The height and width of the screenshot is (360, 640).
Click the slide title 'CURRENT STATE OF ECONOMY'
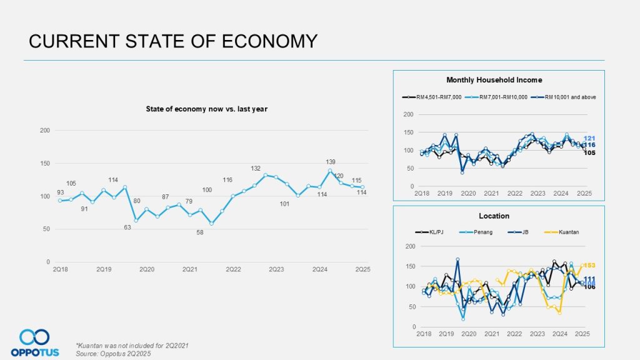click(x=173, y=41)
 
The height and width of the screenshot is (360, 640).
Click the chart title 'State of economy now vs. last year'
click(x=206, y=109)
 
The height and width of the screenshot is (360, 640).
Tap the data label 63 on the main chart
click(x=127, y=227)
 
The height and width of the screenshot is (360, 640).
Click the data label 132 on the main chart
click(x=255, y=169)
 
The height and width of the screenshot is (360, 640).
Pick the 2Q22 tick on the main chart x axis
click(x=233, y=269)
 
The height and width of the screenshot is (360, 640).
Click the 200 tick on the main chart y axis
click(x=44, y=131)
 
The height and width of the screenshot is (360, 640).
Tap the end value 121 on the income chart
click(x=589, y=138)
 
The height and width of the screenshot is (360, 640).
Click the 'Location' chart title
click(x=494, y=216)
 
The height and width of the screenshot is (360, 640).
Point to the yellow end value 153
click(x=590, y=265)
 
